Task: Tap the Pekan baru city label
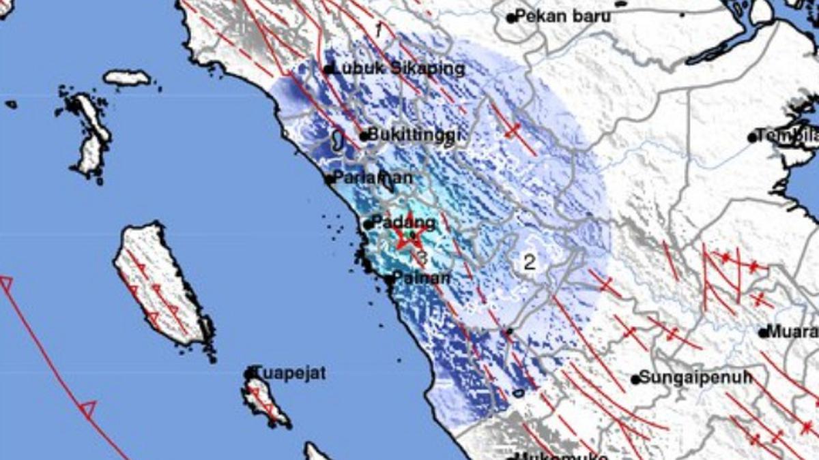pyautogui.click(x=563, y=16)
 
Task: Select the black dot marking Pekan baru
pyautogui.click(x=511, y=18)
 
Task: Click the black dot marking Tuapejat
pyautogui.click(x=250, y=374)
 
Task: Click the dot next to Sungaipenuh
pyautogui.click(x=635, y=380)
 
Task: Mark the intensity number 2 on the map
pyautogui.click(x=529, y=261)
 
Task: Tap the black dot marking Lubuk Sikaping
pyautogui.click(x=328, y=69)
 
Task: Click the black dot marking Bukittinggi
pyautogui.click(x=364, y=136)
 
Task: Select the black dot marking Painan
pyautogui.click(x=388, y=279)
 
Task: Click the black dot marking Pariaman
pyautogui.click(x=330, y=180)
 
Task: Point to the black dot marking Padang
pyautogui.click(x=368, y=224)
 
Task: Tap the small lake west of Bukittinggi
pyautogui.click(x=337, y=141)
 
